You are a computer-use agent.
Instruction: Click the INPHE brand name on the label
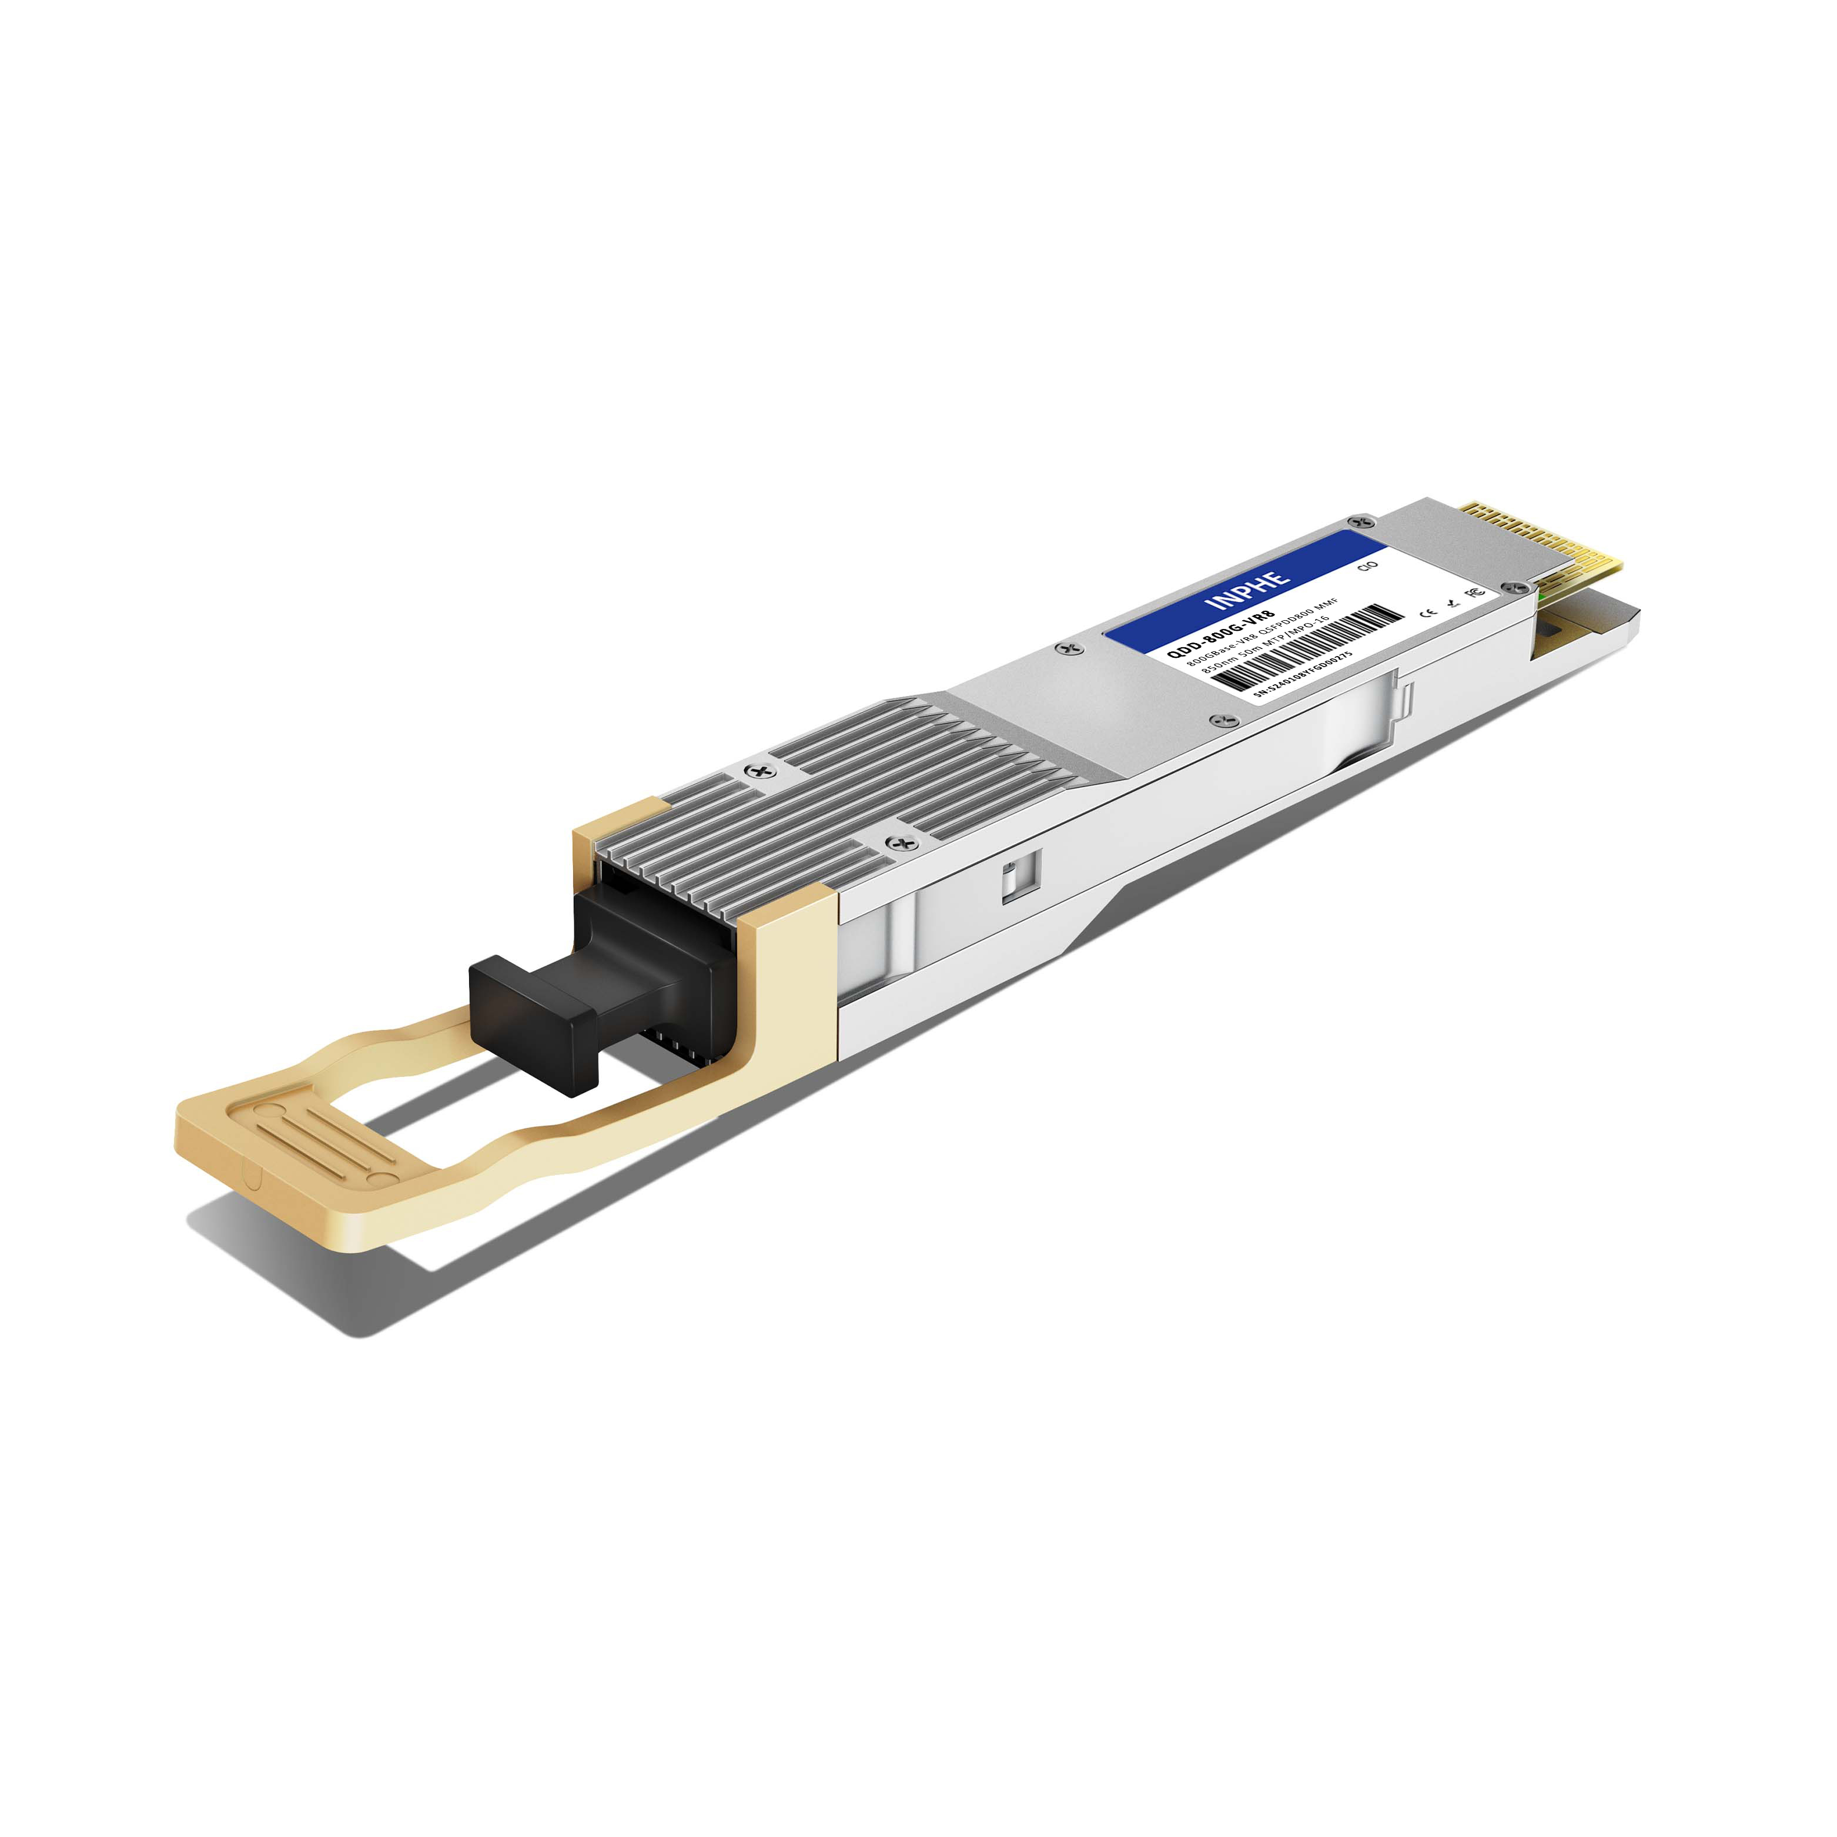click(x=1247, y=590)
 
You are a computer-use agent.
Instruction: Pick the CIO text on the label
click(x=1368, y=567)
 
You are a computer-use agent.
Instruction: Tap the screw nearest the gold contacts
click(x=1361, y=522)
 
